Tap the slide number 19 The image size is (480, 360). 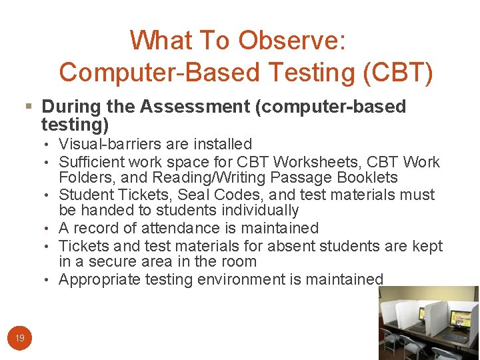tap(20, 339)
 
